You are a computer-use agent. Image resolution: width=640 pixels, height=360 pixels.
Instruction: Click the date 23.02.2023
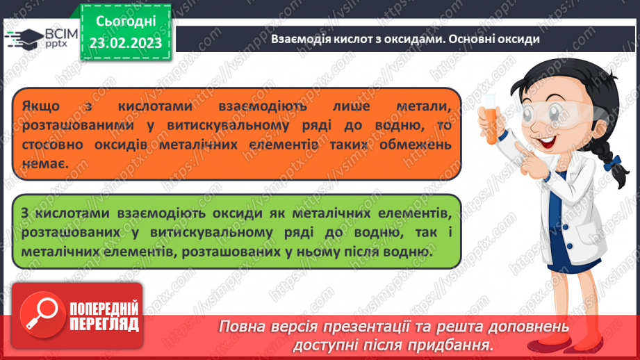click(126, 43)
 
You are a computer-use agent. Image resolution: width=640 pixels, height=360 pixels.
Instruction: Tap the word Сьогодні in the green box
click(126, 22)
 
